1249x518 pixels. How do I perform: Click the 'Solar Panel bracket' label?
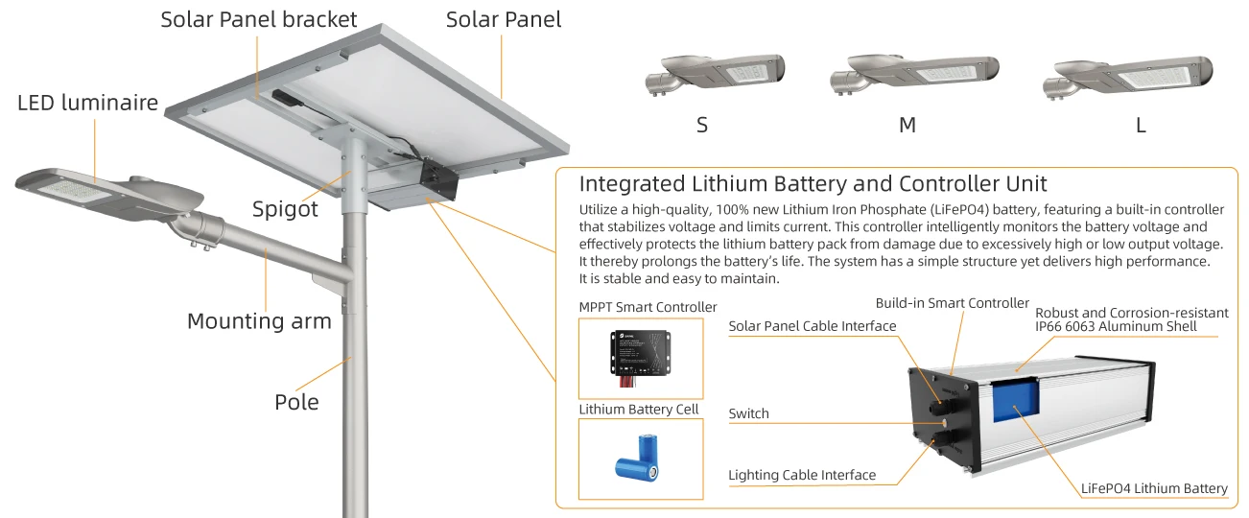tap(259, 19)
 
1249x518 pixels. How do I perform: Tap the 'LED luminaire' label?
tap(87, 103)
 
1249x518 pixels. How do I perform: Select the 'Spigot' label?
tap(285, 209)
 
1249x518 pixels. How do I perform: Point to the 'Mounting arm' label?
tap(259, 321)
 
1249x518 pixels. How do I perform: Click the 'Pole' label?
tap(296, 402)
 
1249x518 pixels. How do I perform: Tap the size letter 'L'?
tap(1141, 126)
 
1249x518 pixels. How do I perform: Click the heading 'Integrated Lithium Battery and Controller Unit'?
tap(813, 183)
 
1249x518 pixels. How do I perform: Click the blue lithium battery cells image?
tap(639, 458)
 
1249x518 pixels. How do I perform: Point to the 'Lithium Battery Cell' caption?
tap(638, 410)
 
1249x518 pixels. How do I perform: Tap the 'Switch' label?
tap(748, 413)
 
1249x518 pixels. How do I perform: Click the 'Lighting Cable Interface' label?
tap(802, 475)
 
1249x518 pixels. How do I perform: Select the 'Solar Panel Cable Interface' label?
tap(812, 326)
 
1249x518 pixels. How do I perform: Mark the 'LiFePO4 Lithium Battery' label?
tap(1154, 488)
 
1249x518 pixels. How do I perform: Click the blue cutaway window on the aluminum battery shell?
tap(1015, 400)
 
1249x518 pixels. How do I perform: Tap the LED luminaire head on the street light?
tap(106, 190)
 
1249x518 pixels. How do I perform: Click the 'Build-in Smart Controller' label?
tap(952, 303)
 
